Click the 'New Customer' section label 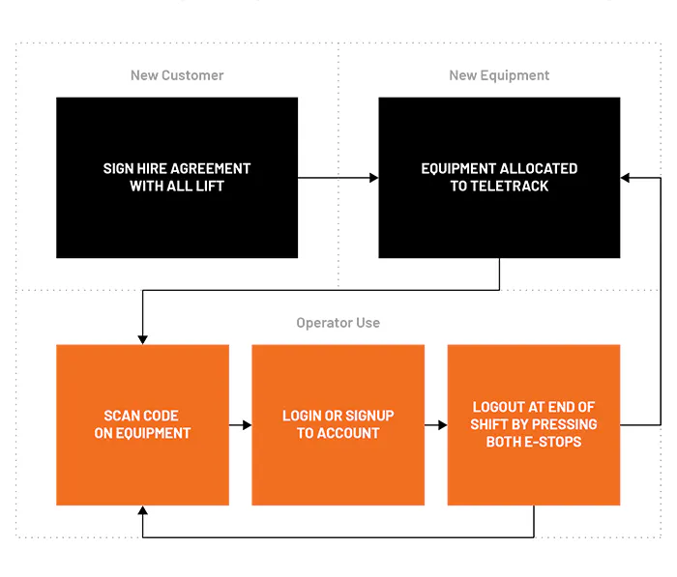(x=177, y=75)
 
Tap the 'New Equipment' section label (x=499, y=75)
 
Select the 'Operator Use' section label (x=338, y=323)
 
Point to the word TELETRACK (x=510, y=186)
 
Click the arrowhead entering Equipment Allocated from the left (x=374, y=178)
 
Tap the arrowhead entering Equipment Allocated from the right (x=625, y=178)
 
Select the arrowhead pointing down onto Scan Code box (x=142, y=340)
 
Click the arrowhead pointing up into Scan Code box (x=142, y=510)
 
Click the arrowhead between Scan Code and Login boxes (x=247, y=425)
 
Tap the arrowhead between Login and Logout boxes (x=443, y=425)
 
